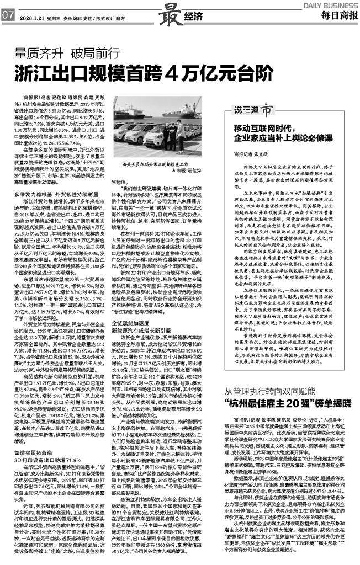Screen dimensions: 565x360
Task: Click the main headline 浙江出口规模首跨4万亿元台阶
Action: click(145, 73)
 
